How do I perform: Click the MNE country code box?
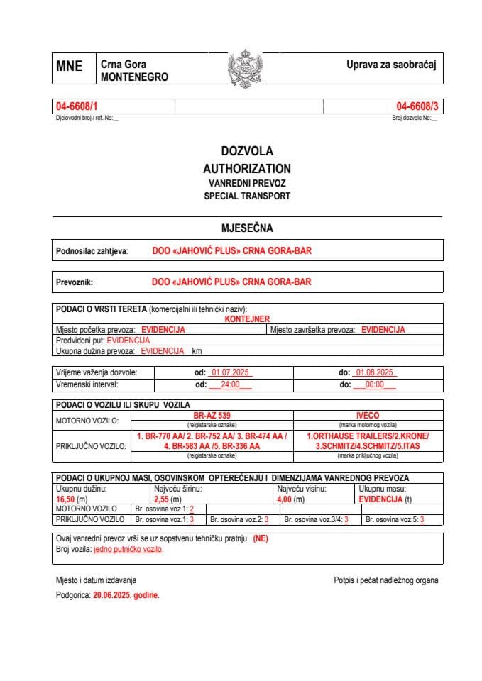(x=69, y=67)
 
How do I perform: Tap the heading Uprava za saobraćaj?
(x=390, y=65)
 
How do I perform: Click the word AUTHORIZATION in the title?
(x=246, y=169)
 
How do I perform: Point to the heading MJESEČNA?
(x=246, y=228)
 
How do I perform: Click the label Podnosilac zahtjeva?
(x=92, y=251)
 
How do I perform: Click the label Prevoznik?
(x=75, y=282)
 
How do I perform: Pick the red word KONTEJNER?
(x=246, y=319)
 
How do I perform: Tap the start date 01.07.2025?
(x=229, y=372)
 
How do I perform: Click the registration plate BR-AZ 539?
(x=212, y=415)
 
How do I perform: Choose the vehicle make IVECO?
(x=368, y=415)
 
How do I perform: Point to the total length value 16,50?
(x=66, y=499)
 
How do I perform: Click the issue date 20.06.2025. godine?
(x=126, y=596)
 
